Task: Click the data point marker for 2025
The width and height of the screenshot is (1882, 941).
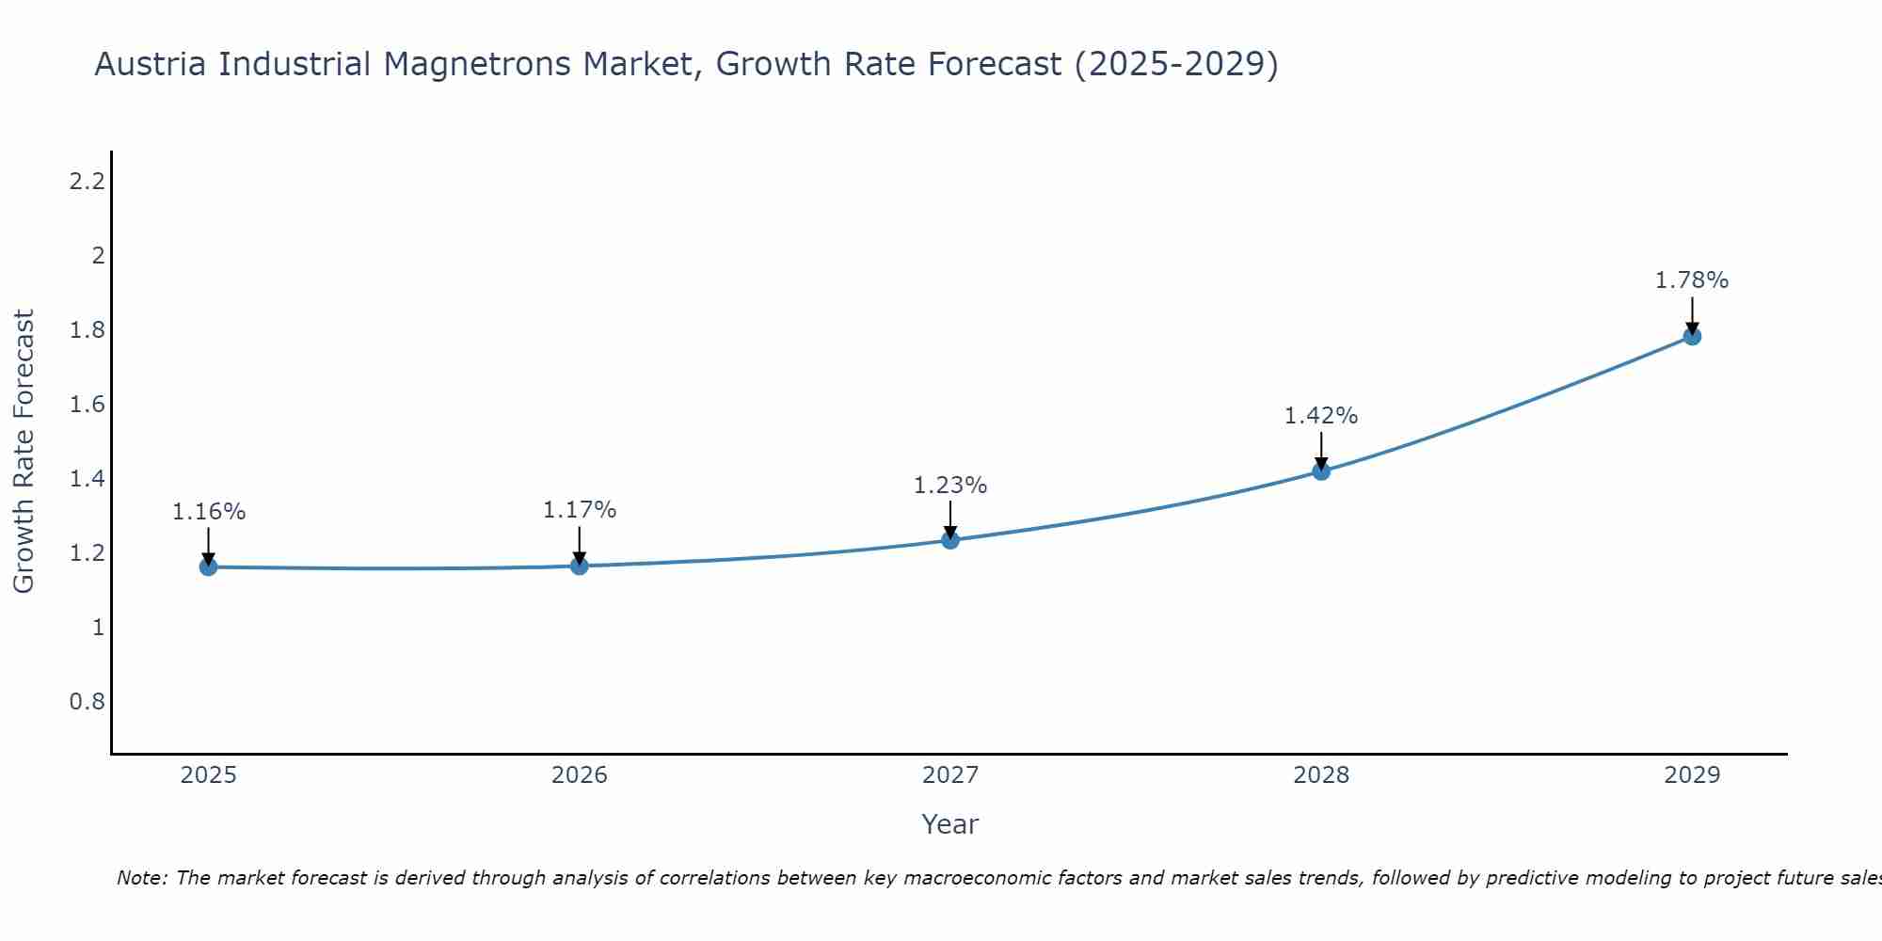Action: (x=209, y=566)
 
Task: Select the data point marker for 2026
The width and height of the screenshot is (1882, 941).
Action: (x=580, y=566)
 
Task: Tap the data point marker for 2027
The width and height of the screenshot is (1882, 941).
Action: (x=950, y=539)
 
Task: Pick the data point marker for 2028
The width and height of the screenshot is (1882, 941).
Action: (x=1321, y=470)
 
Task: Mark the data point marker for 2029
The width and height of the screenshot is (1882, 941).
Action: (x=1692, y=336)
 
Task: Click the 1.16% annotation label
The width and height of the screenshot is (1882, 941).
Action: (x=209, y=512)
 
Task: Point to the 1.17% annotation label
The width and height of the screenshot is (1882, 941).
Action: (x=580, y=510)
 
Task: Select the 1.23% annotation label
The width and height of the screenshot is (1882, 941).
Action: (x=950, y=486)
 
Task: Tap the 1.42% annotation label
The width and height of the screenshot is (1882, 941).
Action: (x=1321, y=416)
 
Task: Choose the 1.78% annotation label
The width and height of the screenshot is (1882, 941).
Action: (x=1692, y=280)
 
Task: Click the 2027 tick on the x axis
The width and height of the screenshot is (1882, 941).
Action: (x=950, y=775)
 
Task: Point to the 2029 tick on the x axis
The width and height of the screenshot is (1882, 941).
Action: (x=1692, y=775)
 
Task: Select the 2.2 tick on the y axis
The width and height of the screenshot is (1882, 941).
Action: (x=87, y=181)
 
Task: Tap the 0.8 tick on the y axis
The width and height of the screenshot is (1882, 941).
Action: (x=87, y=702)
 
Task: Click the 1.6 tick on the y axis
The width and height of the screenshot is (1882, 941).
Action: (x=87, y=405)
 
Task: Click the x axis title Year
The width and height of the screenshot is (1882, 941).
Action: (x=950, y=824)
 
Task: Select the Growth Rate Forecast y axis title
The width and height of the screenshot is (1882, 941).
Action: (x=24, y=452)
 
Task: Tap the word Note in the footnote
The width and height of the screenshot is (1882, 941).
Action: (x=141, y=878)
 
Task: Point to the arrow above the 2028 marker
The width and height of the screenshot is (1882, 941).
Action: (x=1321, y=449)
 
